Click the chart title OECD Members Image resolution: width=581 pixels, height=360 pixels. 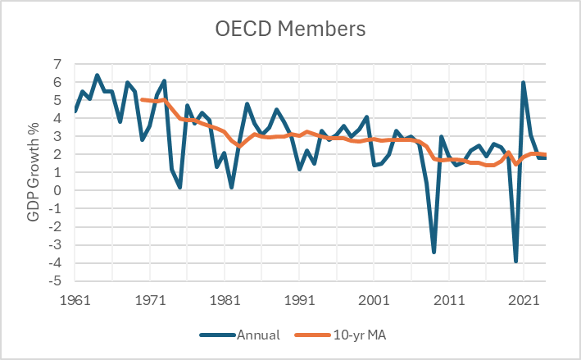[x=290, y=29]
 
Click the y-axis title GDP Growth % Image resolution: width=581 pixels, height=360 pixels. [x=33, y=172]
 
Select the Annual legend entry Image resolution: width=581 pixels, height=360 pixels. [x=240, y=335]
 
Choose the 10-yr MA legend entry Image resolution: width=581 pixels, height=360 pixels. [x=341, y=335]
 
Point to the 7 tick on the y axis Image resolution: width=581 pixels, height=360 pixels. [x=57, y=64]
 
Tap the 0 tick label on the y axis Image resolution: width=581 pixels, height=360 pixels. [x=57, y=190]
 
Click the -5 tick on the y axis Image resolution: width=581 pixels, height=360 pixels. [x=55, y=280]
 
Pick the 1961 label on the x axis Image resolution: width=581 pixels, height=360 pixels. [x=75, y=300]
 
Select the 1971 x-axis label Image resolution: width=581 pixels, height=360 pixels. [x=150, y=300]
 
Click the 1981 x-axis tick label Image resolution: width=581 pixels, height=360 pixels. [x=225, y=300]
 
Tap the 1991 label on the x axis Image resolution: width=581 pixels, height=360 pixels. [x=299, y=300]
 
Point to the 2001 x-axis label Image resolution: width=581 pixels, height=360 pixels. [x=374, y=300]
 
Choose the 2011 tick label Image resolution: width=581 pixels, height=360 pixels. [x=449, y=300]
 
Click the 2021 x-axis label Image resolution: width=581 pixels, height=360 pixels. [x=524, y=300]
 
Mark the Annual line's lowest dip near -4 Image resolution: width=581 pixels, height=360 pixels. [x=515, y=262]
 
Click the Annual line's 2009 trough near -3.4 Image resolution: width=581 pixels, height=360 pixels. [x=433, y=252]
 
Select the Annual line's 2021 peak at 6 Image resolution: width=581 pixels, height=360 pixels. [x=523, y=82]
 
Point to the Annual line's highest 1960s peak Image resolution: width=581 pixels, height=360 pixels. [x=98, y=75]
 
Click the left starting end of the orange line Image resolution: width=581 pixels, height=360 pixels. [x=143, y=99]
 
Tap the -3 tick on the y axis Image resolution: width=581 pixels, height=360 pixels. [x=55, y=244]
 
